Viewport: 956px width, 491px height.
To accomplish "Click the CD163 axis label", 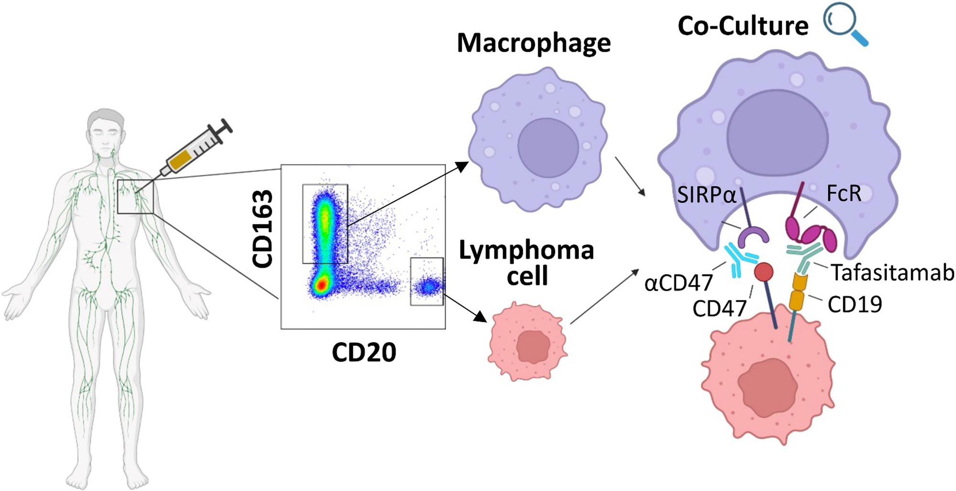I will [x=262, y=229].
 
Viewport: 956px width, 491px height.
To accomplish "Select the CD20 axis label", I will [x=364, y=353].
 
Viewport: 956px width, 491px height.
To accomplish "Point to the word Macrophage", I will [x=533, y=43].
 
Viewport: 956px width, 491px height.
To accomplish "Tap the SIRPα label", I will [x=706, y=195].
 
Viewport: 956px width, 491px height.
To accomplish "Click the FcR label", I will [x=844, y=194].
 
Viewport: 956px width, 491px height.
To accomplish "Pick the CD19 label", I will [x=855, y=304].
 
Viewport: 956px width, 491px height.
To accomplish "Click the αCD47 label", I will [x=678, y=283].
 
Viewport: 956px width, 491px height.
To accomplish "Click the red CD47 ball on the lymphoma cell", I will [x=763, y=272].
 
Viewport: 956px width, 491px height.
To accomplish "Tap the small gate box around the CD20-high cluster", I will [x=427, y=281].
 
